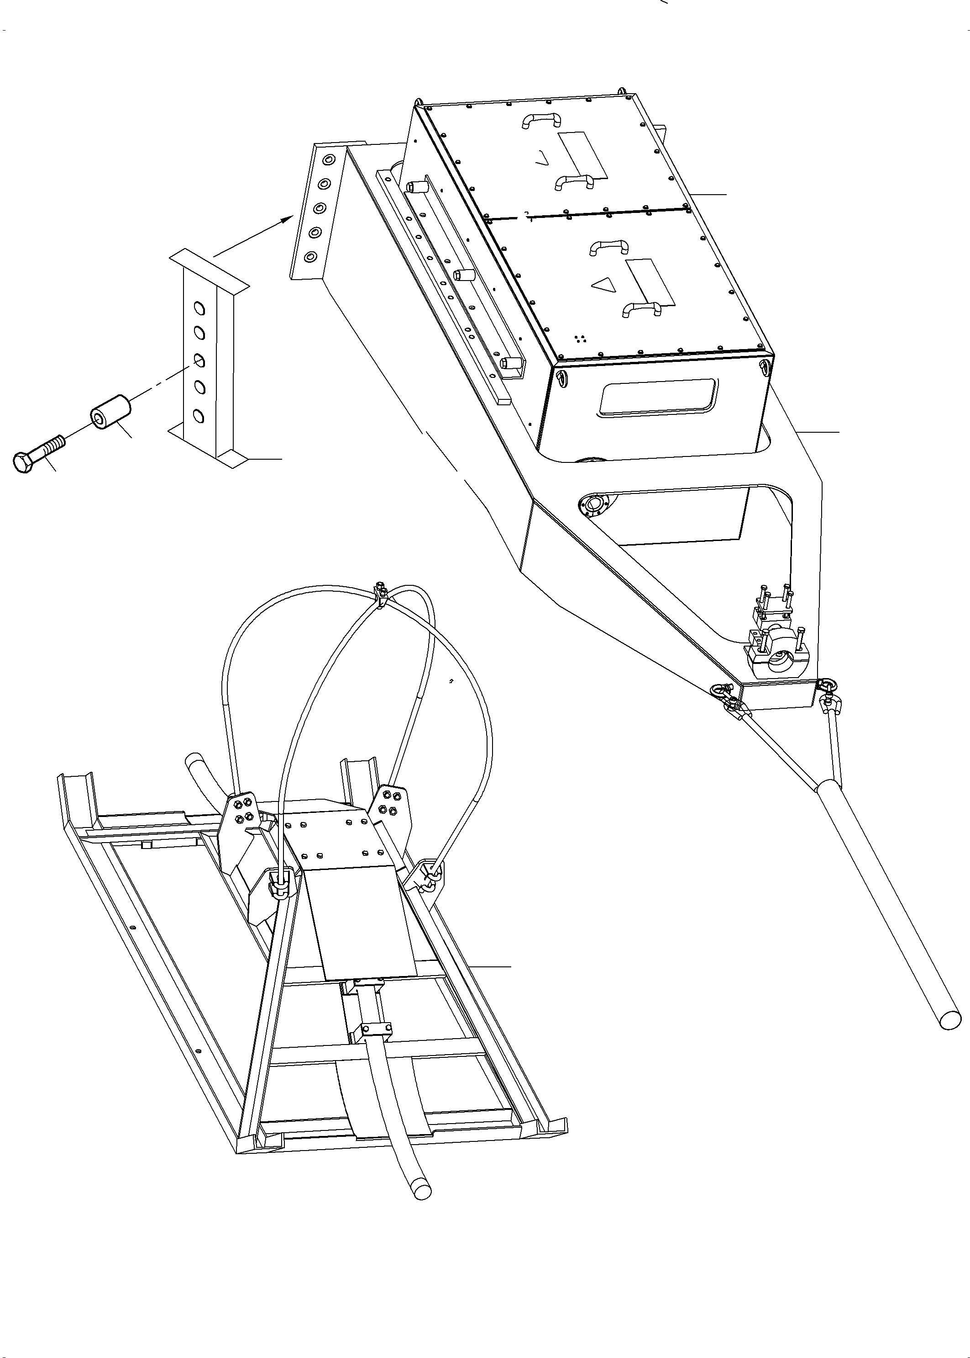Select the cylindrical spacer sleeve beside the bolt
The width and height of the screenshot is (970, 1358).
click(x=110, y=411)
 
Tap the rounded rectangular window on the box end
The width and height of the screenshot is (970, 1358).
click(x=659, y=396)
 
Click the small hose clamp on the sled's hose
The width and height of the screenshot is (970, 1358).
click(x=375, y=1030)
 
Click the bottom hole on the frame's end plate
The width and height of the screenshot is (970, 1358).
click(x=310, y=257)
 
